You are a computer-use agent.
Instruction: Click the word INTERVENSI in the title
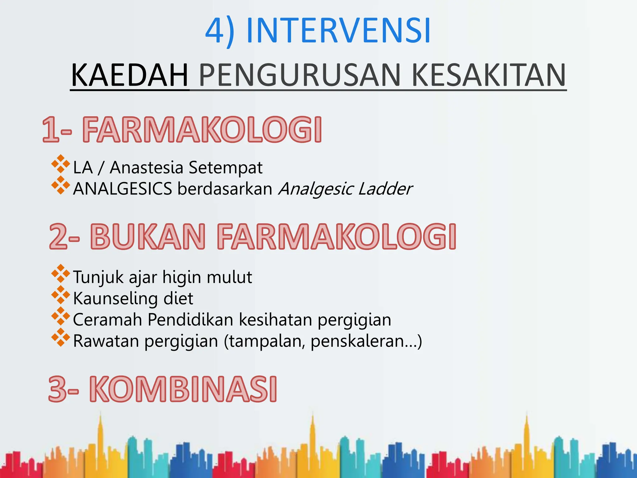(x=338, y=31)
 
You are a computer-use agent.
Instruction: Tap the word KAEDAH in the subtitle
(x=130, y=75)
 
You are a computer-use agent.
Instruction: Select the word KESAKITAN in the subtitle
(x=488, y=75)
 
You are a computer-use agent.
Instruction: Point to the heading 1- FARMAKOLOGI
(x=182, y=130)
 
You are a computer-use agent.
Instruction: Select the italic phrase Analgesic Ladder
(x=345, y=189)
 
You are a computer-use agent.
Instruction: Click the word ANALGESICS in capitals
(x=123, y=189)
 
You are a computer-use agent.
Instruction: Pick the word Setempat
(x=226, y=168)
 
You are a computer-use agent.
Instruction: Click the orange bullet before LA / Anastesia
(x=61, y=164)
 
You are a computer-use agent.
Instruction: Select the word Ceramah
(x=107, y=320)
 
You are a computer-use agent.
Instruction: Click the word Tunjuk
(x=98, y=277)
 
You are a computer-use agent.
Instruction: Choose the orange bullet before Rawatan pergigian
(x=61, y=338)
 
